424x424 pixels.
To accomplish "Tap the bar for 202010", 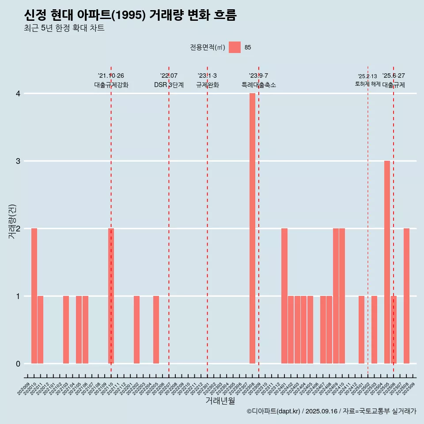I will click(34, 296).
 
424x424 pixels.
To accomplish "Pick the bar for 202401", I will click(284, 296).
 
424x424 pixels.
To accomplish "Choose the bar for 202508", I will click(406, 296).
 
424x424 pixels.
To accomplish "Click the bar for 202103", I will click(66, 329).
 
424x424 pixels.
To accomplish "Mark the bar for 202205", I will click(156, 329).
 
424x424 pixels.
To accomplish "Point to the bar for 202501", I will click(361, 329).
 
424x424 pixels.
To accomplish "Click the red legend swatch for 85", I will click(235, 47).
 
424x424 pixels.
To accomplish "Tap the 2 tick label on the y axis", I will click(18, 229).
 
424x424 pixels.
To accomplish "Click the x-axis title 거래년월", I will click(220, 401).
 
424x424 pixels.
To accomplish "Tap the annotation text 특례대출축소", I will click(259, 85).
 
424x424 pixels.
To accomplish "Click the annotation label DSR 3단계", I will click(169, 85).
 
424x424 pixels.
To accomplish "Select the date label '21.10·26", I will click(111, 76).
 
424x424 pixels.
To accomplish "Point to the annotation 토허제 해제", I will click(367, 84).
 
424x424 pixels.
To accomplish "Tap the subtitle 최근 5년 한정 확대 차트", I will click(64, 29).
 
